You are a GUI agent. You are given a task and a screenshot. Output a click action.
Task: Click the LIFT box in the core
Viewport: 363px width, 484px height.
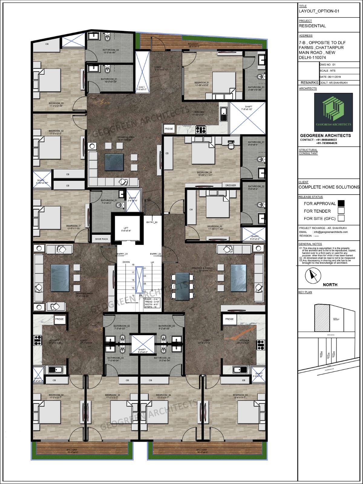[126, 229]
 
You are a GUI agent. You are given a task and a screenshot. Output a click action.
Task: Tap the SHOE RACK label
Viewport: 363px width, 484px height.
[101, 239]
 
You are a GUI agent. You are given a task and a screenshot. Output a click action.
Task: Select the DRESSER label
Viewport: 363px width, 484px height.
[231, 185]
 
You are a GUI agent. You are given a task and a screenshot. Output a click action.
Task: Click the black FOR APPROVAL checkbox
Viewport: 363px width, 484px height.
[341, 203]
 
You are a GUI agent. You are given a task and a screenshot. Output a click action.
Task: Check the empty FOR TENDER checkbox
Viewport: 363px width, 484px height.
[341, 211]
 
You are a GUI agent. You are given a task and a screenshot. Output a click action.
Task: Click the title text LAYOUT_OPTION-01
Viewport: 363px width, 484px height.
[319, 11]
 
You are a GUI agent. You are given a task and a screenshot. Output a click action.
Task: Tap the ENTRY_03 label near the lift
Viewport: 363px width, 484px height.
[152, 222]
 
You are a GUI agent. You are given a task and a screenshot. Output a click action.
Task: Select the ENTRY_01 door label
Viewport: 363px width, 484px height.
[122, 254]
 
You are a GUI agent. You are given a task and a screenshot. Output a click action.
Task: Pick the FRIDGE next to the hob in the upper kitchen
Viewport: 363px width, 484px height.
[169, 129]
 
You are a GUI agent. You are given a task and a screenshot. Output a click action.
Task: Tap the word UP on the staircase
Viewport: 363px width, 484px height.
[152, 262]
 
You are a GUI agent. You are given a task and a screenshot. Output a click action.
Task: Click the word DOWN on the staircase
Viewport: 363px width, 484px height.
[126, 262]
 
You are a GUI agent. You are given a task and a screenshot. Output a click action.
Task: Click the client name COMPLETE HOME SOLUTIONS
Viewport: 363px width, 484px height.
[329, 187]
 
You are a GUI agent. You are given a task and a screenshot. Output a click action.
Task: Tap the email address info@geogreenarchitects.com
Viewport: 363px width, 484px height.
[331, 232]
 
